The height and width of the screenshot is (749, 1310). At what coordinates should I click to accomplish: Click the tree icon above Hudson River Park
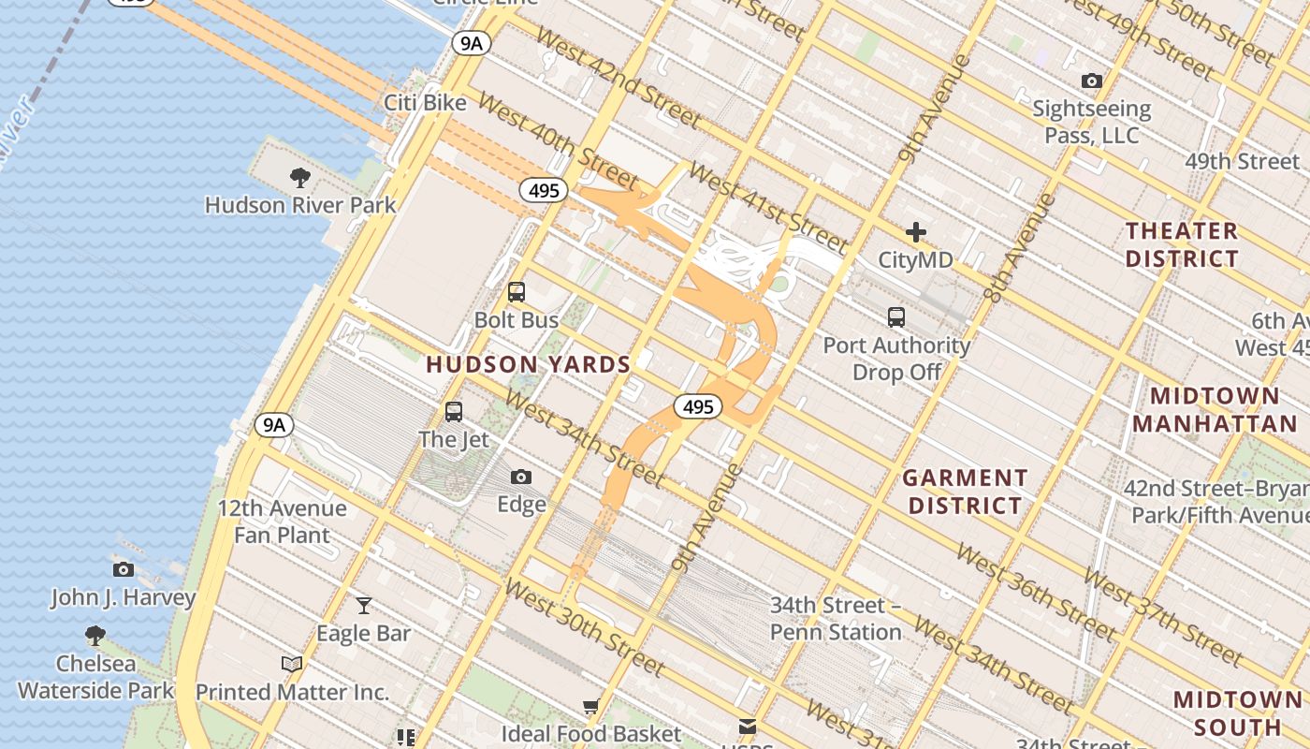coord(299,177)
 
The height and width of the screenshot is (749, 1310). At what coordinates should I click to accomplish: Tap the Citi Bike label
coord(425,102)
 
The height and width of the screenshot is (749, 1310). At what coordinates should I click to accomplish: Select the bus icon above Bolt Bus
coord(517,292)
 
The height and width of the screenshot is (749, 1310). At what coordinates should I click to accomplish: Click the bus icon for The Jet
coord(454,411)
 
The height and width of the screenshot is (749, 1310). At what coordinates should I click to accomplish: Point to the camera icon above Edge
coord(521,477)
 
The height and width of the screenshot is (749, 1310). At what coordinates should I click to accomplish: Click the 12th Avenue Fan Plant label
coord(282,522)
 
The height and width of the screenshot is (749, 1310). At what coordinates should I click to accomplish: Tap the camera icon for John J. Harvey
coord(123,569)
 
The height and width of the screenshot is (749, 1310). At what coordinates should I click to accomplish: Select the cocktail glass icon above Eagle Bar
coord(364,606)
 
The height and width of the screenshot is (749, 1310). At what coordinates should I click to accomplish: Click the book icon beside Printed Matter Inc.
coord(292,664)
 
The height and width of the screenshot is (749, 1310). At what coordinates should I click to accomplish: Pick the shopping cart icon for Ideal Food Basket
coord(590,706)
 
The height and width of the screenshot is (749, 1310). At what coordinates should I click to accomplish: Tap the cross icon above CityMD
coord(915,231)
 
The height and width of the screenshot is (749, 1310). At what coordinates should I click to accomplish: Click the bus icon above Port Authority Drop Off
coord(896,317)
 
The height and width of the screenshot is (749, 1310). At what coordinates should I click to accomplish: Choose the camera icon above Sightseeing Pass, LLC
coord(1091,81)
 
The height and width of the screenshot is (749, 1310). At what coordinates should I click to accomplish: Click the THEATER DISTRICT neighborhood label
coord(1182,244)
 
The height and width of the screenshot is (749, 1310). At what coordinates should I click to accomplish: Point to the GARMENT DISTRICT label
coord(965,492)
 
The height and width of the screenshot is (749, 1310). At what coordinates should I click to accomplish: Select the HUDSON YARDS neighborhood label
coord(529,364)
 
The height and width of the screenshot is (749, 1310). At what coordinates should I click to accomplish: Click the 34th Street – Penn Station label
coord(836,619)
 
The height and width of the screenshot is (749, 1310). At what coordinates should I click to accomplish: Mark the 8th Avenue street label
coord(1021,247)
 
